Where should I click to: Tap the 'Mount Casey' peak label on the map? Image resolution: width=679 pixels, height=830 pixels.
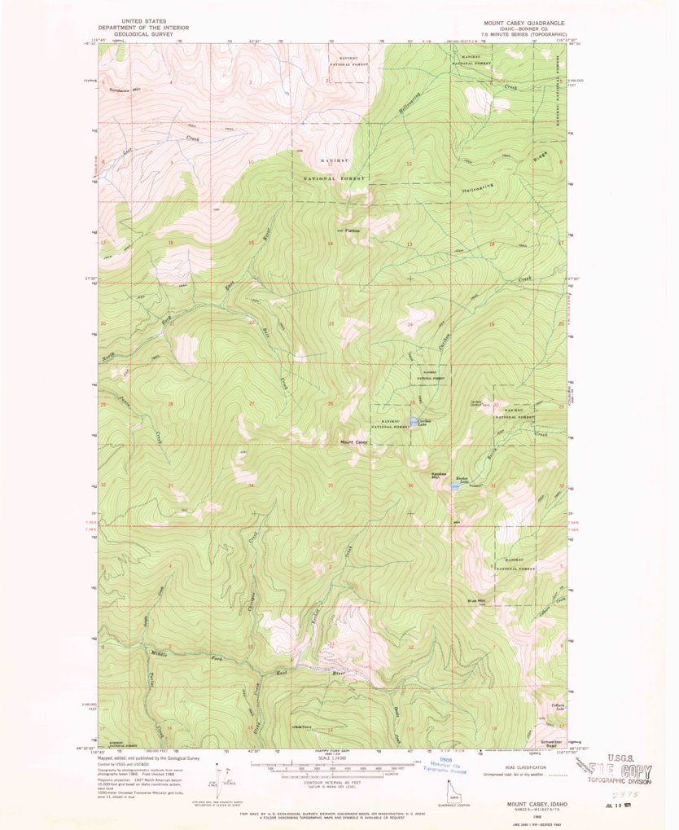pyautogui.click(x=353, y=442)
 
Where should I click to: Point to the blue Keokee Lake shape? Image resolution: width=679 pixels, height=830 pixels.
pyautogui.click(x=453, y=487)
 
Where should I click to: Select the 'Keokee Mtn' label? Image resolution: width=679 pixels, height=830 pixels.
pyautogui.click(x=440, y=475)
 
